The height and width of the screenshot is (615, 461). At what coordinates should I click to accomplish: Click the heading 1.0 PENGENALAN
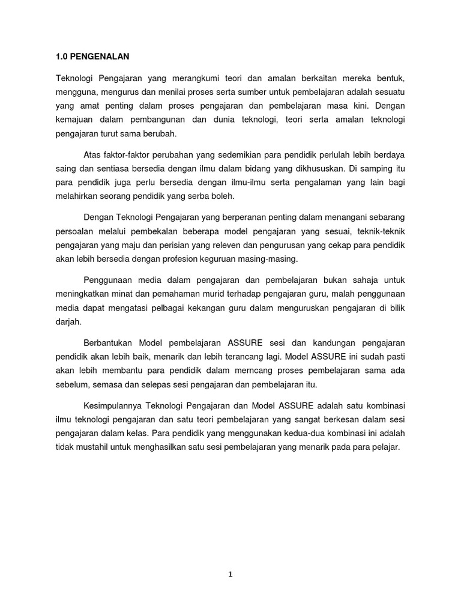[92, 57]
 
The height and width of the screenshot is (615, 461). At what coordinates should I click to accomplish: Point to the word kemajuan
[76, 120]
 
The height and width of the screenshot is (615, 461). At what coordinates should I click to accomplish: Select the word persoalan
[76, 231]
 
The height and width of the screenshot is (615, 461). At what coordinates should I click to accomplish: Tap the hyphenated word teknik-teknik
[381, 231]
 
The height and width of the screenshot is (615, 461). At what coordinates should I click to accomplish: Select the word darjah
[67, 323]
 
